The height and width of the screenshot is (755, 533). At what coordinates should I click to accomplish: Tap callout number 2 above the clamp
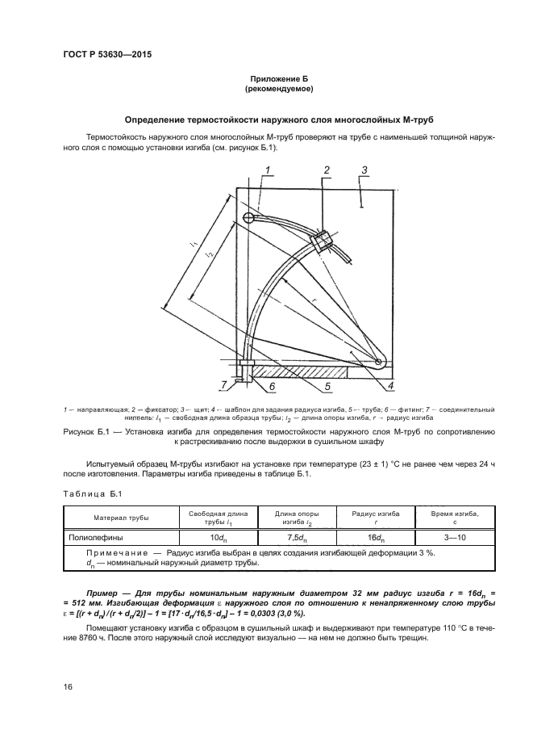tap(327, 170)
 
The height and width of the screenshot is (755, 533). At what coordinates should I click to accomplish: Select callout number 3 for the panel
tap(364, 170)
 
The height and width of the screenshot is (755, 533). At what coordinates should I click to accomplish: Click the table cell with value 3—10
tap(443, 537)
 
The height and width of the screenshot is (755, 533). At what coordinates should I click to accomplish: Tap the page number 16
tap(69, 686)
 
